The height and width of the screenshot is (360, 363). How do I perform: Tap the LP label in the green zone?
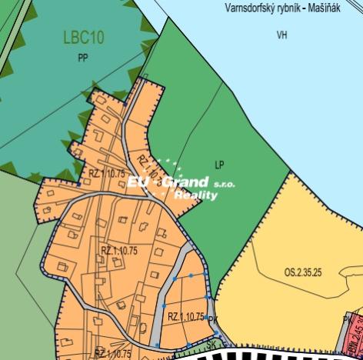pos(219,165)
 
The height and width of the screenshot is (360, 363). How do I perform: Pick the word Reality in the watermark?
pos(196,195)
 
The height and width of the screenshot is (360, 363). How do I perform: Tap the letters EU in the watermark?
pos(140,182)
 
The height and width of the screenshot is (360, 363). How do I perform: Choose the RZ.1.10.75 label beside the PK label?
pos(185,316)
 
